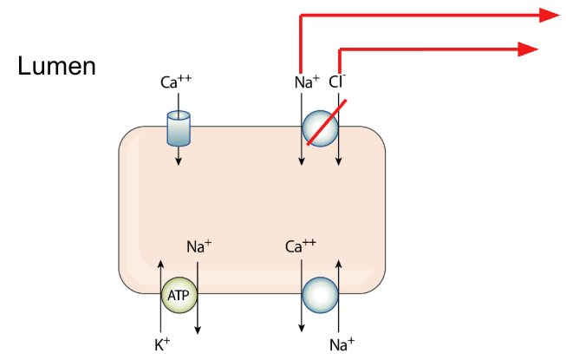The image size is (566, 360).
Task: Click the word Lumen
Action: click(x=56, y=66)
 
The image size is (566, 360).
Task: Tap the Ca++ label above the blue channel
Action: click(x=176, y=82)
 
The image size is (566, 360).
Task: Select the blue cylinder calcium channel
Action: click(x=179, y=128)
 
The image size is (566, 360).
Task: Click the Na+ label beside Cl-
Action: click(x=307, y=82)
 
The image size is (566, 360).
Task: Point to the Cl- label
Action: click(x=337, y=82)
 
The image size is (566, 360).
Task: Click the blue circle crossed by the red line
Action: click(x=320, y=128)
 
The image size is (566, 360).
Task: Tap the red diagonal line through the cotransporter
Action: click(x=327, y=122)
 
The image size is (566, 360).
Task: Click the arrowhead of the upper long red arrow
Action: click(x=550, y=15)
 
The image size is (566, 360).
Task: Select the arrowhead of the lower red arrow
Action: click(x=528, y=49)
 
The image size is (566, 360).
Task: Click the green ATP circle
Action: click(x=179, y=295)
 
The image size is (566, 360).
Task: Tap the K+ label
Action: click(x=162, y=345)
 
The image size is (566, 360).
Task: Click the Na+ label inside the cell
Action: click(x=198, y=246)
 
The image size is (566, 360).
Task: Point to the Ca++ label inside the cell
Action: click(x=300, y=246)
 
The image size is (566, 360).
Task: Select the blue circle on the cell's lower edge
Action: click(x=320, y=295)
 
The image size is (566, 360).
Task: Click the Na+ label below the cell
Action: click(x=342, y=345)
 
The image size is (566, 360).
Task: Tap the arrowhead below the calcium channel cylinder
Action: click(x=178, y=161)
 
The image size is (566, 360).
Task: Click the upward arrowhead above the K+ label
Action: click(x=161, y=264)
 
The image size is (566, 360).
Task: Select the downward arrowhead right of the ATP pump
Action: click(x=198, y=330)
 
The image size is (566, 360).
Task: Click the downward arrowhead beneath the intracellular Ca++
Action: click(x=302, y=328)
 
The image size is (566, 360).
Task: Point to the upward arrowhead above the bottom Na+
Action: click(x=339, y=264)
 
